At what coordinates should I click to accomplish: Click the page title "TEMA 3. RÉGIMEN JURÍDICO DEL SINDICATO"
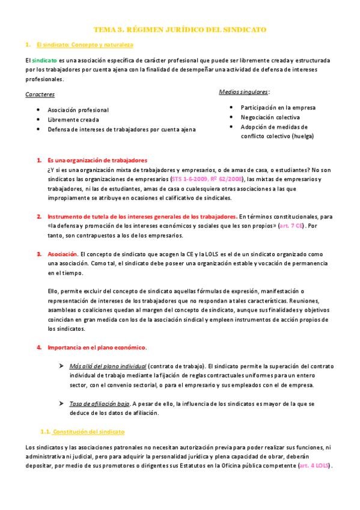(181, 29)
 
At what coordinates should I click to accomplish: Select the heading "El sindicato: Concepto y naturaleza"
(85, 45)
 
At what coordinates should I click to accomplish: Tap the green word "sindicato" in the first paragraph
(45, 61)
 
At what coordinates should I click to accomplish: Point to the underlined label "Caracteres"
(41, 94)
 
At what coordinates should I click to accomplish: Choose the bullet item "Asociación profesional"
(78, 110)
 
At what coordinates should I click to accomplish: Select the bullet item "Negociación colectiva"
(270, 117)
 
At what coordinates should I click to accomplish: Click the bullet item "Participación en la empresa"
(278, 108)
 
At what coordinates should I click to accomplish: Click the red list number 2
(38, 216)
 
